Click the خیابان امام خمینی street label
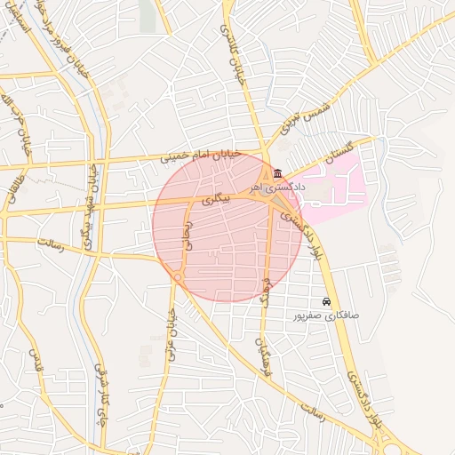pos(200,155)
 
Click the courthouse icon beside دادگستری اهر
pos(278,172)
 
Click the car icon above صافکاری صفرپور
pos(327,301)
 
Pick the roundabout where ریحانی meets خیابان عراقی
pos(179,279)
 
